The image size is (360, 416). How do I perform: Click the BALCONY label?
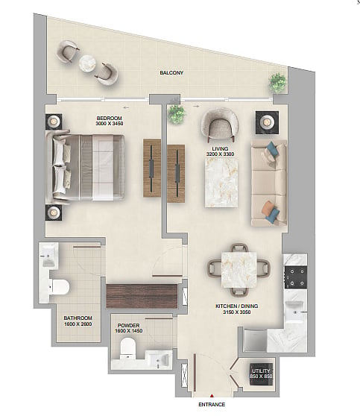click(171, 73)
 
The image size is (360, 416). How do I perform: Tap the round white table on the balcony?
click(87, 63)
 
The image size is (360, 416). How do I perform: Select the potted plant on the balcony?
click(277, 83)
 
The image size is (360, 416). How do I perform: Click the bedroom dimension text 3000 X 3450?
click(110, 123)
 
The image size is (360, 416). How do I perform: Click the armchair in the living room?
click(219, 125)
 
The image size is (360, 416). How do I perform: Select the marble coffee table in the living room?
click(221, 183)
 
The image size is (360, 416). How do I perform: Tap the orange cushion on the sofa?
click(267, 208)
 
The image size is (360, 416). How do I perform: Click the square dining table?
click(239, 270)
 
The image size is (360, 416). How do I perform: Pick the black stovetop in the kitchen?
click(296, 277)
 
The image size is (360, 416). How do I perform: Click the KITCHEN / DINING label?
click(236, 306)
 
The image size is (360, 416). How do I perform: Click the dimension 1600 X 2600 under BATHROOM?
click(78, 324)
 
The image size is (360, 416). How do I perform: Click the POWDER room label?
click(128, 326)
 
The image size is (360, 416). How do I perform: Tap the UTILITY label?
click(261, 371)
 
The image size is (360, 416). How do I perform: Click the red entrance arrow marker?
click(212, 396)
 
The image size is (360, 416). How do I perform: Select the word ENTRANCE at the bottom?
click(212, 405)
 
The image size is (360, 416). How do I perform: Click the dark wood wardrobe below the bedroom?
click(142, 296)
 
